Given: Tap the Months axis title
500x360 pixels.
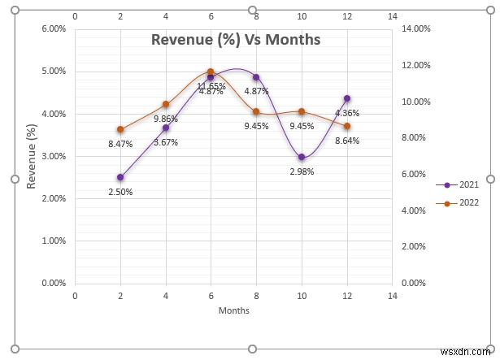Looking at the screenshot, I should coord(233,310).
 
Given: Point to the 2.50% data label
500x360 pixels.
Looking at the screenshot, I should coord(120,192).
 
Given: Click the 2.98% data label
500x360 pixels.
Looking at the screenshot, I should coord(301,171).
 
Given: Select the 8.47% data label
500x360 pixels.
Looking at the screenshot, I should coord(120,144).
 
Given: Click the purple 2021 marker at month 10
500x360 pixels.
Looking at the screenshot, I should coord(302,157).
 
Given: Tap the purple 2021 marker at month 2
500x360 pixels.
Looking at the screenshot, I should coord(120,177).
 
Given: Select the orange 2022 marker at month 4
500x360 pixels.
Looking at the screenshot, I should coord(166,104).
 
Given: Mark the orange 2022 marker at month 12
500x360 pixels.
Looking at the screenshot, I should coord(347,126).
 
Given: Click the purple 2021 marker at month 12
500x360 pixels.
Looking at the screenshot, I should coord(347,98).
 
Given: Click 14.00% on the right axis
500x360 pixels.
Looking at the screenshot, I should coord(417,29).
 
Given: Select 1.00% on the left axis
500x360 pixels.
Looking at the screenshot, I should coord(53,241).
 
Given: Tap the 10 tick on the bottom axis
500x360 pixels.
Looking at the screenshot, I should coord(302,296).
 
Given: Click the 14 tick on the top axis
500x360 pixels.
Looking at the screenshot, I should coord(393,15).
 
